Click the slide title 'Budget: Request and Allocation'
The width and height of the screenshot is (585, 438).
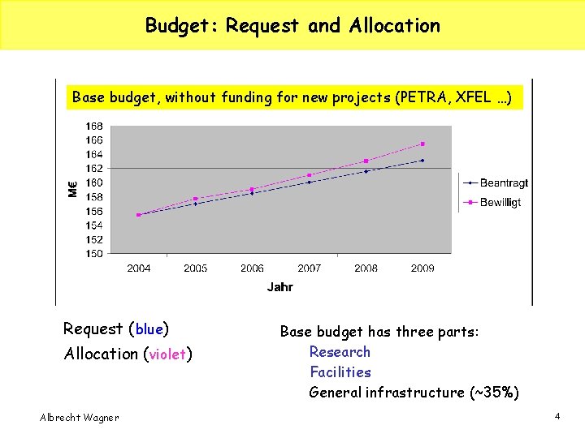292,25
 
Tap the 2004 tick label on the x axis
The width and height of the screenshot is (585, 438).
139,268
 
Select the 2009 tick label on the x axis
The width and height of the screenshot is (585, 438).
422,268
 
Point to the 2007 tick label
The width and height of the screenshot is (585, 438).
309,268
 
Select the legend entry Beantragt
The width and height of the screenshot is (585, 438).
504,183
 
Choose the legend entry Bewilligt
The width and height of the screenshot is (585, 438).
500,203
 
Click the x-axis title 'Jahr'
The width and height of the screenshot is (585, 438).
279,286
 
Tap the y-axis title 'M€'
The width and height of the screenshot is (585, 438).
72,189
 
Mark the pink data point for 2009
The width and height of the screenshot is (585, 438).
422,144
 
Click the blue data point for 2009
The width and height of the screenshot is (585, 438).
422,161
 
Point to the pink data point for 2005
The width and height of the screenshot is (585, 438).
195,199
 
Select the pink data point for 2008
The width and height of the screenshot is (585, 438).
366,161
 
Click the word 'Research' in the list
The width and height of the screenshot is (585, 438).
340,352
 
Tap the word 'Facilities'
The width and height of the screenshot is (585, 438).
340,372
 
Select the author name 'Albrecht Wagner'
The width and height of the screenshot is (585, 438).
79,418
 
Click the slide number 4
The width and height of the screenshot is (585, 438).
557,416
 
